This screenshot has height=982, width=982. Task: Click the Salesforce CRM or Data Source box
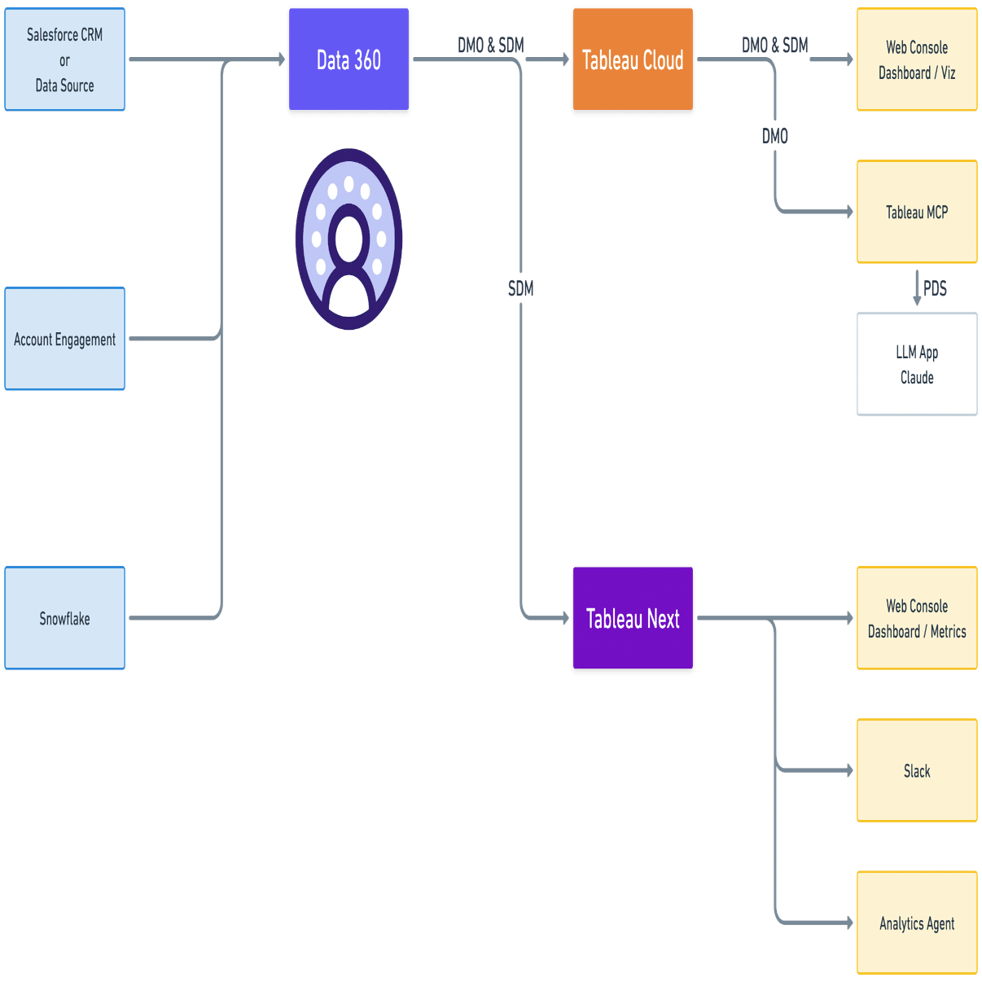(x=64, y=60)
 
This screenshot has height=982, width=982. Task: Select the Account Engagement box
(x=64, y=339)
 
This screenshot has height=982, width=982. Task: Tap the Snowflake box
(x=64, y=618)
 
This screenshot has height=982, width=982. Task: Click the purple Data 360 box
(x=349, y=60)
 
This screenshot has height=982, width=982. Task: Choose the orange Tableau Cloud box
(x=633, y=60)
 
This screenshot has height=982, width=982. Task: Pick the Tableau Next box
(x=633, y=619)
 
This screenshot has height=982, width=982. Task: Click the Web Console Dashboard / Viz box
(x=917, y=60)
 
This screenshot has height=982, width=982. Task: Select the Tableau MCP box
(x=917, y=213)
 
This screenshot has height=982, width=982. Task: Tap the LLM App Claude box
(x=917, y=364)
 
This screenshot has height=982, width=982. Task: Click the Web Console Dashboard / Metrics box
(x=917, y=619)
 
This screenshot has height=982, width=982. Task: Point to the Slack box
(x=917, y=770)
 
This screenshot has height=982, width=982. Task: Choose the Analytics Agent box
(x=917, y=923)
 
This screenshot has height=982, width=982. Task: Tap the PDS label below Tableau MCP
(x=935, y=288)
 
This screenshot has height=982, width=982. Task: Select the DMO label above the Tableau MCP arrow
(x=774, y=136)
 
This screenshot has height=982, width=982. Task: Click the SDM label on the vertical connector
(x=521, y=288)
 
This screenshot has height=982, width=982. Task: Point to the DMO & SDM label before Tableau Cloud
(x=490, y=46)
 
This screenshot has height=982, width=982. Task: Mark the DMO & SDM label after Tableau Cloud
(x=774, y=46)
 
